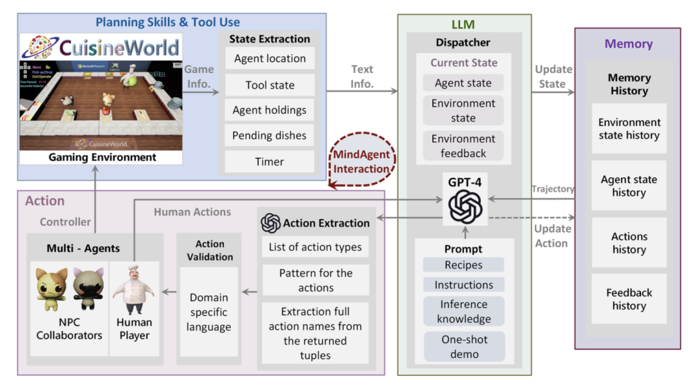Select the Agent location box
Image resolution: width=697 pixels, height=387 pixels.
pyautogui.click(x=270, y=58)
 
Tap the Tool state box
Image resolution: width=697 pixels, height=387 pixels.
pyautogui.click(x=270, y=85)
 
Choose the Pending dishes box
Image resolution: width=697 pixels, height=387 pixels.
pyautogui.click(x=270, y=136)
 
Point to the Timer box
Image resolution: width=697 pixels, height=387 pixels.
pyautogui.click(x=270, y=162)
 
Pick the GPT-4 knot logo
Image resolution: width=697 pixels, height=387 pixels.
pyautogui.click(x=465, y=206)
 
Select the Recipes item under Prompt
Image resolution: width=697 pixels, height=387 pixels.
pyautogui.click(x=463, y=265)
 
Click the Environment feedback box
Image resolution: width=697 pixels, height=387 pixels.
pyautogui.click(x=463, y=146)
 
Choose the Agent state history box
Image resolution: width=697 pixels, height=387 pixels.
pyautogui.click(x=629, y=186)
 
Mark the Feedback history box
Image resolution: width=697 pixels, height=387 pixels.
pyautogui.click(x=629, y=299)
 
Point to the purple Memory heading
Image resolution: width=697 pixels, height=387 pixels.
pyautogui.click(x=629, y=44)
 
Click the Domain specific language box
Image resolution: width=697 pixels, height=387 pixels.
pyautogui.click(x=208, y=312)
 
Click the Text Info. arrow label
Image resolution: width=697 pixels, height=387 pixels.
pyautogui.click(x=362, y=76)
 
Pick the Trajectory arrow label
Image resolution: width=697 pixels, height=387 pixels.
pyautogui.click(x=552, y=189)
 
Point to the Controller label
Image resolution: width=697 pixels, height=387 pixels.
pyautogui.click(x=65, y=222)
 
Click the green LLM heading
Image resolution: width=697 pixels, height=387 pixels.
pyautogui.click(x=463, y=25)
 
